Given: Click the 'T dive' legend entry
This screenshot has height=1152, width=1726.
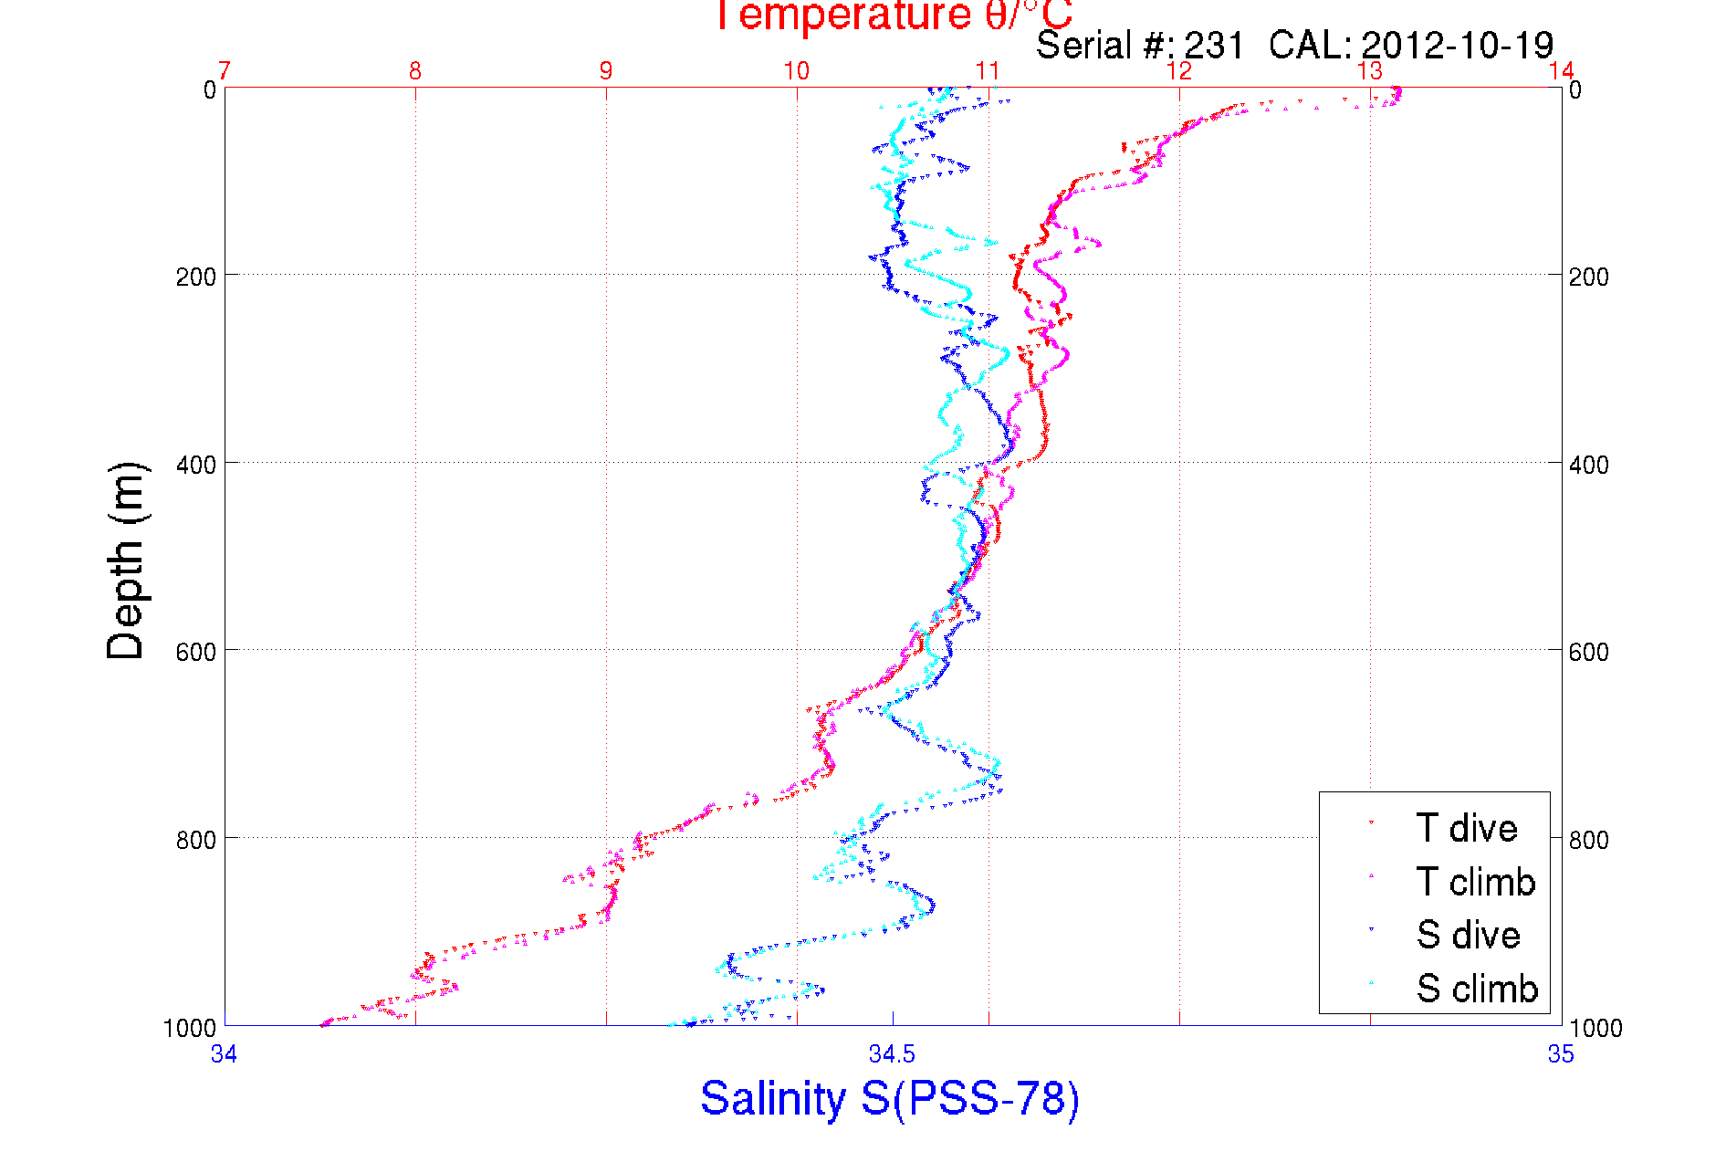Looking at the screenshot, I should pyautogui.click(x=1466, y=828).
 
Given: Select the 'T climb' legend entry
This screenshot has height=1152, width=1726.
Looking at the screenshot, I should pyautogui.click(x=1475, y=882).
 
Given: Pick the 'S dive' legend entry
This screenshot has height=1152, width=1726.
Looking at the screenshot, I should pyautogui.click(x=1468, y=935).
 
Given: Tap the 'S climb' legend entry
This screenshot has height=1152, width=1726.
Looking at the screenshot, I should pyautogui.click(x=1477, y=989).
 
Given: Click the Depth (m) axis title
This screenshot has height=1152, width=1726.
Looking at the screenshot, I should pyautogui.click(x=127, y=560).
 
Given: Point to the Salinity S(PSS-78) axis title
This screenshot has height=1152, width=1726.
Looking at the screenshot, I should pyautogui.click(x=890, y=1098).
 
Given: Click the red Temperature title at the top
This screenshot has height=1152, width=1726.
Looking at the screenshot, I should pyautogui.click(x=892, y=16).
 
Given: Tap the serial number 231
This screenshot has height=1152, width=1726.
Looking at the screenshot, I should pyautogui.click(x=1214, y=45).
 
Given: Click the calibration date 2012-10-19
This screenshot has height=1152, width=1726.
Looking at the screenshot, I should pyautogui.click(x=1457, y=45).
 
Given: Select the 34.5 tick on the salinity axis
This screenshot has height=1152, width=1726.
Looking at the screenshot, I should pyautogui.click(x=892, y=1055).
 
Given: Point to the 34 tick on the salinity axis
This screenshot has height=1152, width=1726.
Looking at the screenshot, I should pyautogui.click(x=224, y=1055).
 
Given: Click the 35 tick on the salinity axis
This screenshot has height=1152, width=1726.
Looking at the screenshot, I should pyautogui.click(x=1561, y=1055).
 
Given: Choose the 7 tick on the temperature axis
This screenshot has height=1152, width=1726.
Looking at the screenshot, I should pyautogui.click(x=225, y=71).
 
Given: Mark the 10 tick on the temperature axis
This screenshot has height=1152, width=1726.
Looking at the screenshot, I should pyautogui.click(x=797, y=71).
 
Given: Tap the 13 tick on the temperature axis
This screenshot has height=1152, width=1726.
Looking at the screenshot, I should pyautogui.click(x=1369, y=71).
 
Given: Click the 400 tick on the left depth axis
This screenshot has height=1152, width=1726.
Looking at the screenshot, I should pyautogui.click(x=195, y=465).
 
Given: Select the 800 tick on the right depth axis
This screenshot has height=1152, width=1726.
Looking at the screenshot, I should pyautogui.click(x=1589, y=840).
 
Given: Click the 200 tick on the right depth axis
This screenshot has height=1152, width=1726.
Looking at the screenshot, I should pyautogui.click(x=1589, y=277).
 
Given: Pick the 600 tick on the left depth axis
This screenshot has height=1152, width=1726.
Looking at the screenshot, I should pyautogui.click(x=195, y=652).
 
